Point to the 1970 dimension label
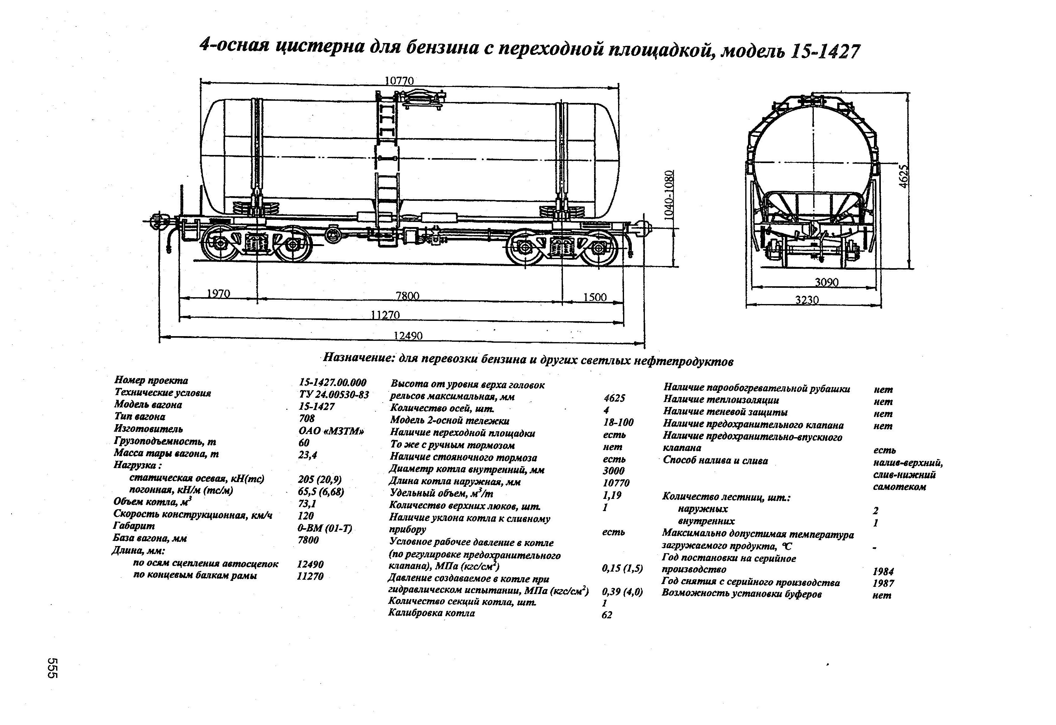[218, 294]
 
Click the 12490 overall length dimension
[408, 336]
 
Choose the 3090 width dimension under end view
[826, 282]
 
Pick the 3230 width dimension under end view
[807, 300]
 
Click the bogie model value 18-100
[618, 422]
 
